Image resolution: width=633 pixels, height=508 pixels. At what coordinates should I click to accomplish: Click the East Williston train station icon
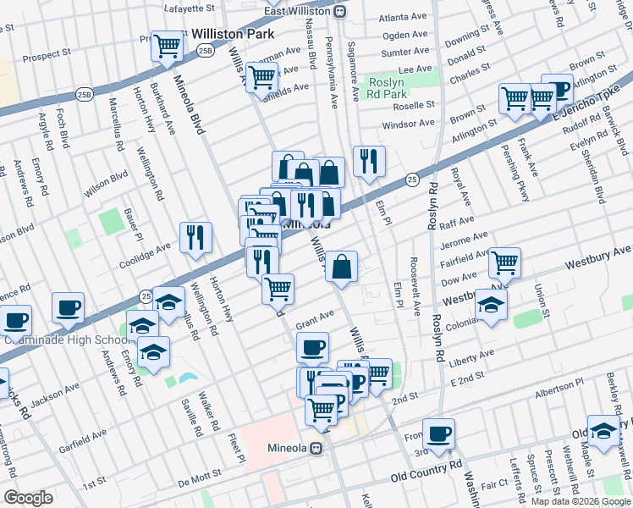pyautogui.click(x=339, y=12)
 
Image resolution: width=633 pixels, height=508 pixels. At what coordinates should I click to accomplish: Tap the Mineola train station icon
pyautogui.click(x=316, y=448)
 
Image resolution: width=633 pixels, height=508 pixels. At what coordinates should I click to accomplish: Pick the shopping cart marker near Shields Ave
pyautogui.click(x=262, y=78)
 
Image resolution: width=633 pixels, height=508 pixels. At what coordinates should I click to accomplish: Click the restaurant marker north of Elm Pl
pyautogui.click(x=369, y=160)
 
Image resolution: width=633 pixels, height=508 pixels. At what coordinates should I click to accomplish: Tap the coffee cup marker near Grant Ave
pyautogui.click(x=313, y=346)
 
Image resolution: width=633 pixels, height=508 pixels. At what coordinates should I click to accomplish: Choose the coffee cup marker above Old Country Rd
pyautogui.click(x=438, y=433)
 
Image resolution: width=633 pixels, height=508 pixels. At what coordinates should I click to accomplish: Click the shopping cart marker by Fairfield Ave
pyautogui.click(x=505, y=262)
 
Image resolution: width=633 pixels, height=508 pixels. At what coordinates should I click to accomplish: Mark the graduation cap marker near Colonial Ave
pyautogui.click(x=491, y=306)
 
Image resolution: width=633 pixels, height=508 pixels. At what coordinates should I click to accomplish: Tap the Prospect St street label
pyautogui.click(x=47, y=55)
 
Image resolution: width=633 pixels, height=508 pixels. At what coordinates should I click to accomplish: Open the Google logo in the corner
pyautogui.click(x=28, y=498)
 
